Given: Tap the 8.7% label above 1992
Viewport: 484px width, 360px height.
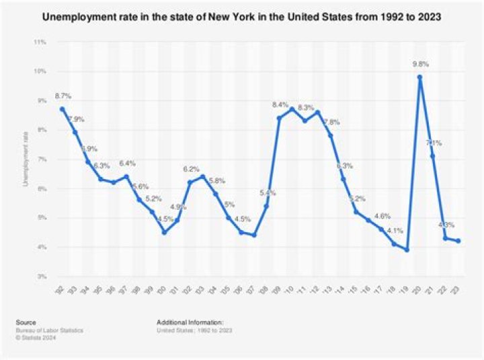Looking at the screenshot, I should pyautogui.click(x=63, y=97).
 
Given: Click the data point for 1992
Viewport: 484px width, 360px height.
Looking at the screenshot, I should pyautogui.click(x=63, y=109).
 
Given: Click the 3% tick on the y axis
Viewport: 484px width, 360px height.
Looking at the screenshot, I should pyautogui.click(x=41, y=277).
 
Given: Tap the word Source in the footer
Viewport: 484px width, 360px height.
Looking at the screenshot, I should pyautogui.click(x=27, y=322).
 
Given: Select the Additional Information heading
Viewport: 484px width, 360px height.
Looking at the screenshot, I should pyautogui.click(x=189, y=322).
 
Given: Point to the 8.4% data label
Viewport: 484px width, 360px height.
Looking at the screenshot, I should pyautogui.click(x=280, y=106).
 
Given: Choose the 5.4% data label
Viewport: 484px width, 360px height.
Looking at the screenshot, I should pyautogui.click(x=267, y=194).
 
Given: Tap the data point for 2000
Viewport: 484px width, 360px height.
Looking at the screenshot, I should pyautogui.click(x=164, y=232).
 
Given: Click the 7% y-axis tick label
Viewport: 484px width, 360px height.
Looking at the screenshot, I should pyautogui.click(x=41, y=159).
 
